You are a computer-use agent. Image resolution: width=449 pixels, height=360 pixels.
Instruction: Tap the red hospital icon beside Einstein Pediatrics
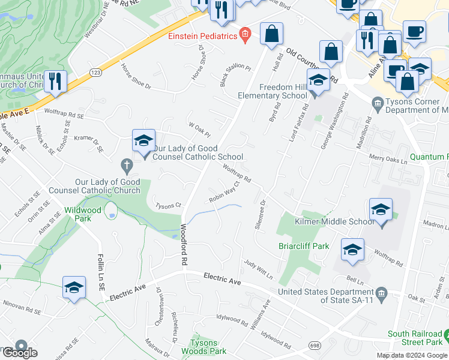[x=244, y=35]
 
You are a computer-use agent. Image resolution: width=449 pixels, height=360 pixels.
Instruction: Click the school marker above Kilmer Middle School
[x=381, y=211]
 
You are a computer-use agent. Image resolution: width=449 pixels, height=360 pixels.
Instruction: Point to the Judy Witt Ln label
[x=259, y=270]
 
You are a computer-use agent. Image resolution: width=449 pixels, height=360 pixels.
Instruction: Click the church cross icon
[x=126, y=164]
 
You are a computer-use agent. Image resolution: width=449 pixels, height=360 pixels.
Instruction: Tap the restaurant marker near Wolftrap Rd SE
[x=55, y=82]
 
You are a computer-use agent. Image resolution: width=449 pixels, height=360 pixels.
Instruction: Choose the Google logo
[x=19, y=352]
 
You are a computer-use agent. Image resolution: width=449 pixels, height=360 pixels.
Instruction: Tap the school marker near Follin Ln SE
[x=74, y=287]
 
